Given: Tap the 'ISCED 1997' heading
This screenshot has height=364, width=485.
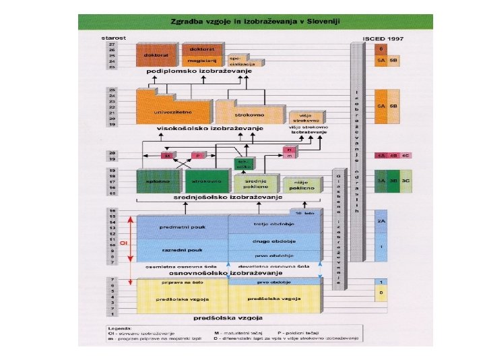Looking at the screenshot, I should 383,39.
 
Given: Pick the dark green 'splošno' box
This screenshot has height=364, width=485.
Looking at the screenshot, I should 159,182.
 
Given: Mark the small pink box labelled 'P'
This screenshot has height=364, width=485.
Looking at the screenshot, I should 198,155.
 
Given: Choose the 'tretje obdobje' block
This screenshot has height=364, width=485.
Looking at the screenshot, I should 273,224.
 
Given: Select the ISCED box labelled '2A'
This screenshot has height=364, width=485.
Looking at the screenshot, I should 381,221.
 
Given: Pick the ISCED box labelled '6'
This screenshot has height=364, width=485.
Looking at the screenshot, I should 381,49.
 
